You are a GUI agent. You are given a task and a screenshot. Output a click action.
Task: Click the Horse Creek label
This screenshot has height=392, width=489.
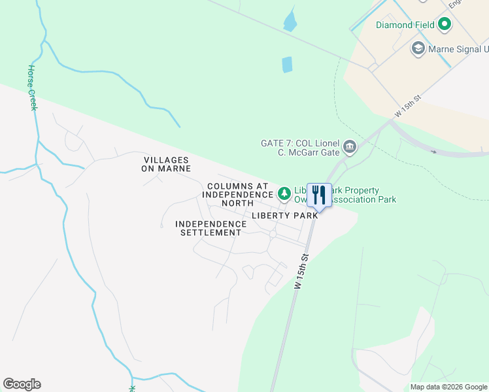[32, 88]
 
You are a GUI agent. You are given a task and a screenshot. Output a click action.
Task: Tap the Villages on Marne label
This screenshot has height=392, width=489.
[166, 164]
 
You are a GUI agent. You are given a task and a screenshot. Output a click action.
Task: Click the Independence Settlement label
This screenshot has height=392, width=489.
[211, 228]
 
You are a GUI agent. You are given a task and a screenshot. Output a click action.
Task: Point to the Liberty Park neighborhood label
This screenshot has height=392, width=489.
[284, 215]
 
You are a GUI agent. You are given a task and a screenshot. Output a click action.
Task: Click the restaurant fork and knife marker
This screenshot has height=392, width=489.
[319, 195]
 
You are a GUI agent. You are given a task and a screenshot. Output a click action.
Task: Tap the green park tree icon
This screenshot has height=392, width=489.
[284, 193]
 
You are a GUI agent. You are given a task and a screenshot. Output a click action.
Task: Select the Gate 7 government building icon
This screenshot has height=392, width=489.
[350, 147]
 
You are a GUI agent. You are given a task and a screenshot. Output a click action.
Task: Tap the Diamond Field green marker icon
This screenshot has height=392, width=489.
[445, 25]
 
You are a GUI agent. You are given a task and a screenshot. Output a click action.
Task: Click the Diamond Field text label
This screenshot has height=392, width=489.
[405, 25]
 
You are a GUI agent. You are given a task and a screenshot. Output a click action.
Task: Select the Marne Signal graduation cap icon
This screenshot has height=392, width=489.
[418, 48]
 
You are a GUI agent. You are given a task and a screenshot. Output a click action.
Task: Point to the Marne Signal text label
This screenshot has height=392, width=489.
[458, 49]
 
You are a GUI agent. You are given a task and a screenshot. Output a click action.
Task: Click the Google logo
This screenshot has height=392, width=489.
[22, 384]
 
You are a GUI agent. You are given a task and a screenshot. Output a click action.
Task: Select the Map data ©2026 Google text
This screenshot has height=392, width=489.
[448, 387]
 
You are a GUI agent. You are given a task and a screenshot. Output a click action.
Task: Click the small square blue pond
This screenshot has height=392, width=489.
[286, 65]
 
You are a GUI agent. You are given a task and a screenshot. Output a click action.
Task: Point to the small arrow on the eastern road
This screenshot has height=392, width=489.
[434, 152]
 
